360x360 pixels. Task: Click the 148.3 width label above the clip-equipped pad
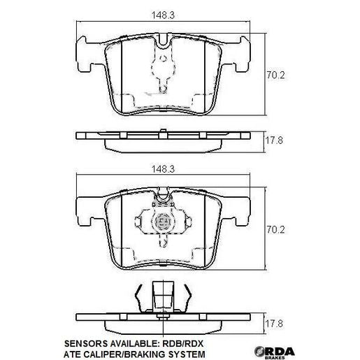click(x=164, y=168)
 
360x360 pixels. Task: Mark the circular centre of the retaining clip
click(x=164, y=224)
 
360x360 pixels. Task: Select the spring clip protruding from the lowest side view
click(x=164, y=296)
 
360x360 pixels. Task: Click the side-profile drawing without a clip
click(x=164, y=138)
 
